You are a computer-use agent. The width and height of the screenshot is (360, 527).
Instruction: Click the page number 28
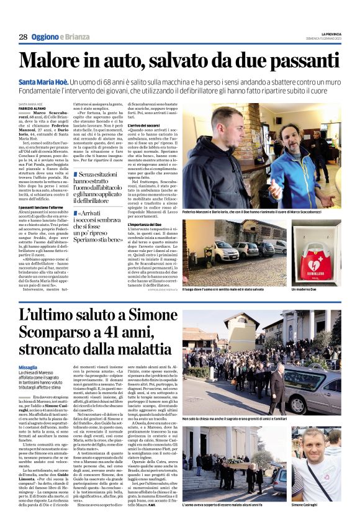click(22, 35)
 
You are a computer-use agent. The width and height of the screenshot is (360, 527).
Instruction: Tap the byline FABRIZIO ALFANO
click(33, 108)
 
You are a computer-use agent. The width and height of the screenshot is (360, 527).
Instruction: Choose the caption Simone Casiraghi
click(322, 507)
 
